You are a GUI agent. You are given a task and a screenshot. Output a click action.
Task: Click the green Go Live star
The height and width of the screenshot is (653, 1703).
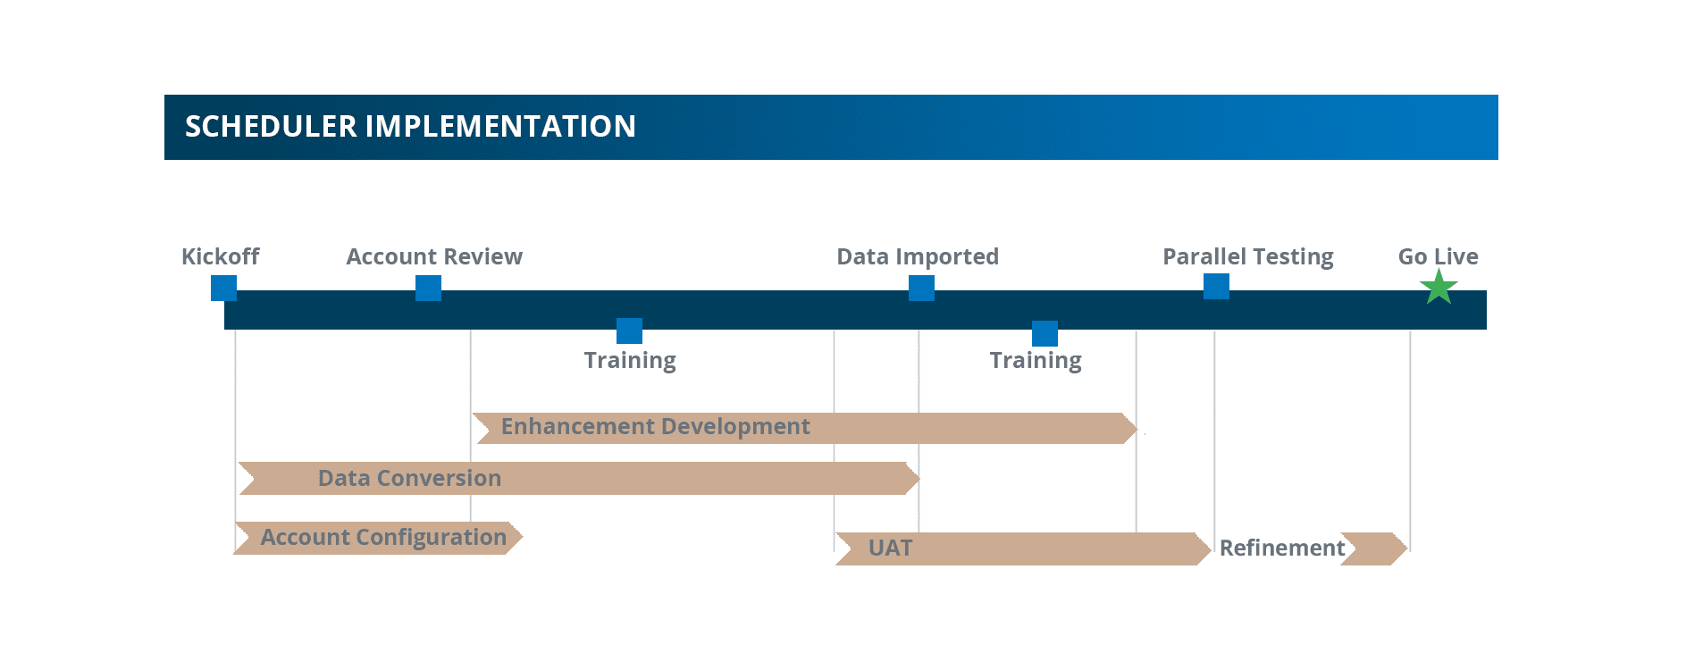point(1439,288)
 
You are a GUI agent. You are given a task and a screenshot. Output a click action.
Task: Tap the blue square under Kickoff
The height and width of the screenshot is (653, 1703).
point(223,288)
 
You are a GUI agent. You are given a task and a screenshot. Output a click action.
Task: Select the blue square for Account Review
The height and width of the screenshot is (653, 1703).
point(428,288)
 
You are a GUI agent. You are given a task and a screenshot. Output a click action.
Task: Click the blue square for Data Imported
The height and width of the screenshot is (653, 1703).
point(921,288)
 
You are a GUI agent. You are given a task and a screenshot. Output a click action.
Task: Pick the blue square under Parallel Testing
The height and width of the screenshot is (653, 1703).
point(1216,286)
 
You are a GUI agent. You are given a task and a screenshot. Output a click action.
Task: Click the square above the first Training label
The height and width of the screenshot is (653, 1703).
point(629,331)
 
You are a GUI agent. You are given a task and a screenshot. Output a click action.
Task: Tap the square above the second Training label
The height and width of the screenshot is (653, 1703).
point(1044,333)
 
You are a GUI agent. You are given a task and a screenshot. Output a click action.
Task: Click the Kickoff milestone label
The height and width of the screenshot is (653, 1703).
point(220,256)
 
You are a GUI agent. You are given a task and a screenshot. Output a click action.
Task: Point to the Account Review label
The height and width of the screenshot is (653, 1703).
point(434,256)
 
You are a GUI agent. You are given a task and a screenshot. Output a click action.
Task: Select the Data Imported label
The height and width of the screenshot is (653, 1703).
point(918,257)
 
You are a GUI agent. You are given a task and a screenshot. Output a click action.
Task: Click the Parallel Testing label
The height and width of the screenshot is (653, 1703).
point(1248,257)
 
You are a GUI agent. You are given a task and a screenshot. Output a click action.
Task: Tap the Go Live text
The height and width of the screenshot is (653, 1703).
point(1438,256)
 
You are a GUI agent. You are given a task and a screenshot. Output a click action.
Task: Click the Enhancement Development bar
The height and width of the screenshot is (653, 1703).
point(805,428)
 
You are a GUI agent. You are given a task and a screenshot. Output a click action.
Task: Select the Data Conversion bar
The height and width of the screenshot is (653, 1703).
point(579,478)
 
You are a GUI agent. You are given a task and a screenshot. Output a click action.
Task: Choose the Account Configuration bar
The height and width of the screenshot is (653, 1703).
point(378,538)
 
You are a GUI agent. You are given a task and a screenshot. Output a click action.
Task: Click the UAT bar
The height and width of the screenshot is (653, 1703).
point(1023,548)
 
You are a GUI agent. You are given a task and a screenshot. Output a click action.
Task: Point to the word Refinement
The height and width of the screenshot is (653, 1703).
point(1282,548)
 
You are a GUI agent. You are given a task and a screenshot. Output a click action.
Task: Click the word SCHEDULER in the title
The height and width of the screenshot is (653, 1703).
point(271,127)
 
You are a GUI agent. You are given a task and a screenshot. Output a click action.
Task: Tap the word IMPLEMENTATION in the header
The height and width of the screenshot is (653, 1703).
point(500,127)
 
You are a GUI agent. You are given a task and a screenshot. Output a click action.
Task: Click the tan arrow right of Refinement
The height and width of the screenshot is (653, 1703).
point(1374,548)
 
